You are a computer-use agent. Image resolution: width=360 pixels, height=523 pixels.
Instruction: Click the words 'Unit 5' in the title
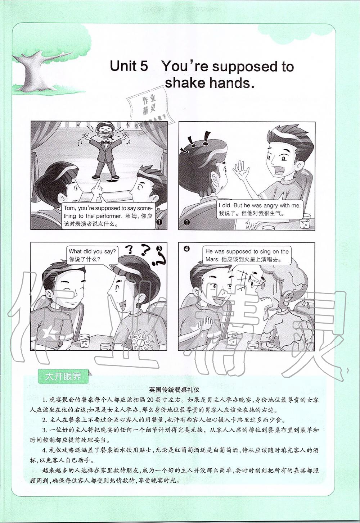129,66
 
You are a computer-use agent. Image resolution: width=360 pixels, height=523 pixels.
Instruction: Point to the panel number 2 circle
186,222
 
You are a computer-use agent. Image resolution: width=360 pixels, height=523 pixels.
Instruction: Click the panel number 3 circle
159,248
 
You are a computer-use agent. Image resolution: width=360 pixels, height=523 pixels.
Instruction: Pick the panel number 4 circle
186,249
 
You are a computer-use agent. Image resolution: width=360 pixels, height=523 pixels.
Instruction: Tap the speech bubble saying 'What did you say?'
92,255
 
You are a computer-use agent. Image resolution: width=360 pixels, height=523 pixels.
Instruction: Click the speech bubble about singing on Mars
247,255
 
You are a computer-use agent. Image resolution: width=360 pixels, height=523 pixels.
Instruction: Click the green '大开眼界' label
63,376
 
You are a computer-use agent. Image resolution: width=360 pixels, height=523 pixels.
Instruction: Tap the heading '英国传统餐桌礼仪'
174,390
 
